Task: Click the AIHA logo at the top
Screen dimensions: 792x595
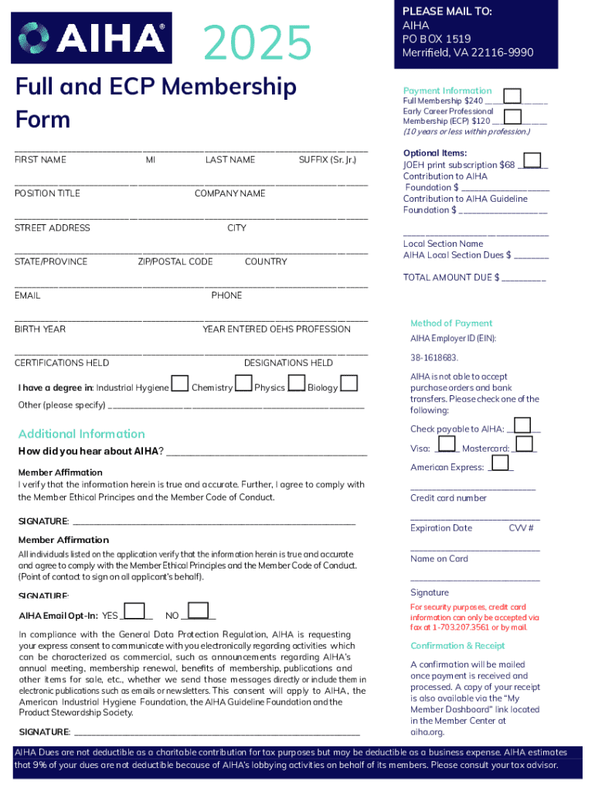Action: [91, 37]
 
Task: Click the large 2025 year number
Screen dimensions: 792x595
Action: [257, 42]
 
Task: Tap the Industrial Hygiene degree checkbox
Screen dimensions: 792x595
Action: [179, 384]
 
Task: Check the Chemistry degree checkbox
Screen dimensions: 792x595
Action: [243, 384]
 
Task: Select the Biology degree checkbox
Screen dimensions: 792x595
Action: [348, 384]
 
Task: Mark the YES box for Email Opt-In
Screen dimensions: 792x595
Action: [134, 612]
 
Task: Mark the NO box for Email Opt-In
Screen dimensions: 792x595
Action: [198, 612]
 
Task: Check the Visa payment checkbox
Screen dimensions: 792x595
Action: [447, 445]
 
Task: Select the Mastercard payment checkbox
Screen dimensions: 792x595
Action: [524, 445]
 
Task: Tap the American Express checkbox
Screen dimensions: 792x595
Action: [500, 463]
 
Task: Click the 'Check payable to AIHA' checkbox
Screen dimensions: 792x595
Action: [522, 425]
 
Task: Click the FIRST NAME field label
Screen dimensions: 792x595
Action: [40, 160]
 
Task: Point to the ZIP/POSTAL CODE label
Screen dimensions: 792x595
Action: [175, 261]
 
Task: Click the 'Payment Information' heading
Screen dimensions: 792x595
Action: [447, 90]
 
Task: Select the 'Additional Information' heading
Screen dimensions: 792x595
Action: [81, 434]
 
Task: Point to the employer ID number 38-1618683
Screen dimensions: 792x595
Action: [434, 358]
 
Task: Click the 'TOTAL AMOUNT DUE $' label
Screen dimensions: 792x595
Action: [451, 277]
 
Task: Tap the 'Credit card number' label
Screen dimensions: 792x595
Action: [448, 498]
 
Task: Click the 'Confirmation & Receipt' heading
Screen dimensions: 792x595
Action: [457, 646]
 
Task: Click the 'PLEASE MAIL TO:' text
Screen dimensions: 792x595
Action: [447, 12]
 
